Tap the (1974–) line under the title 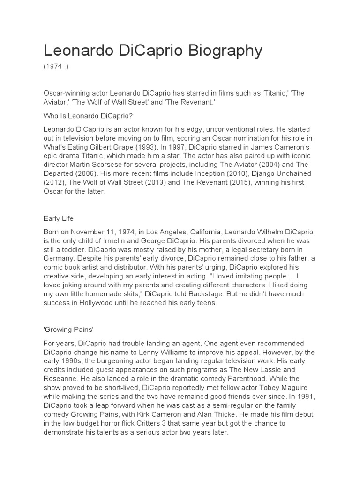pos(56,67)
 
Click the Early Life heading pos(59,218)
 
